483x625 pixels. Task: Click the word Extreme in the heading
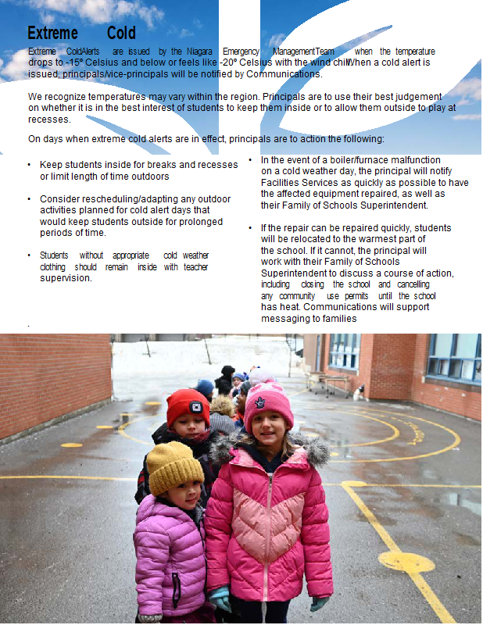52,33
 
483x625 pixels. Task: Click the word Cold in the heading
122,33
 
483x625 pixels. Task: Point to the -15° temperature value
76,62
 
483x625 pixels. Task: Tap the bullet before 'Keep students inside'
29,166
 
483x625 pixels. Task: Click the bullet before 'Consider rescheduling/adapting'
29,199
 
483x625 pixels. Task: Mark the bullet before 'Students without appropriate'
29,255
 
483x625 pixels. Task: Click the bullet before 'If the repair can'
250,228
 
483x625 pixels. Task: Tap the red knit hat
188,405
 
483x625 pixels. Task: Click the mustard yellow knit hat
174,466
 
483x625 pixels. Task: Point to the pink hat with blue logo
269,405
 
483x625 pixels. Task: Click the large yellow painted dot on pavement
406,561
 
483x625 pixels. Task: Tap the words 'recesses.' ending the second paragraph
48,120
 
